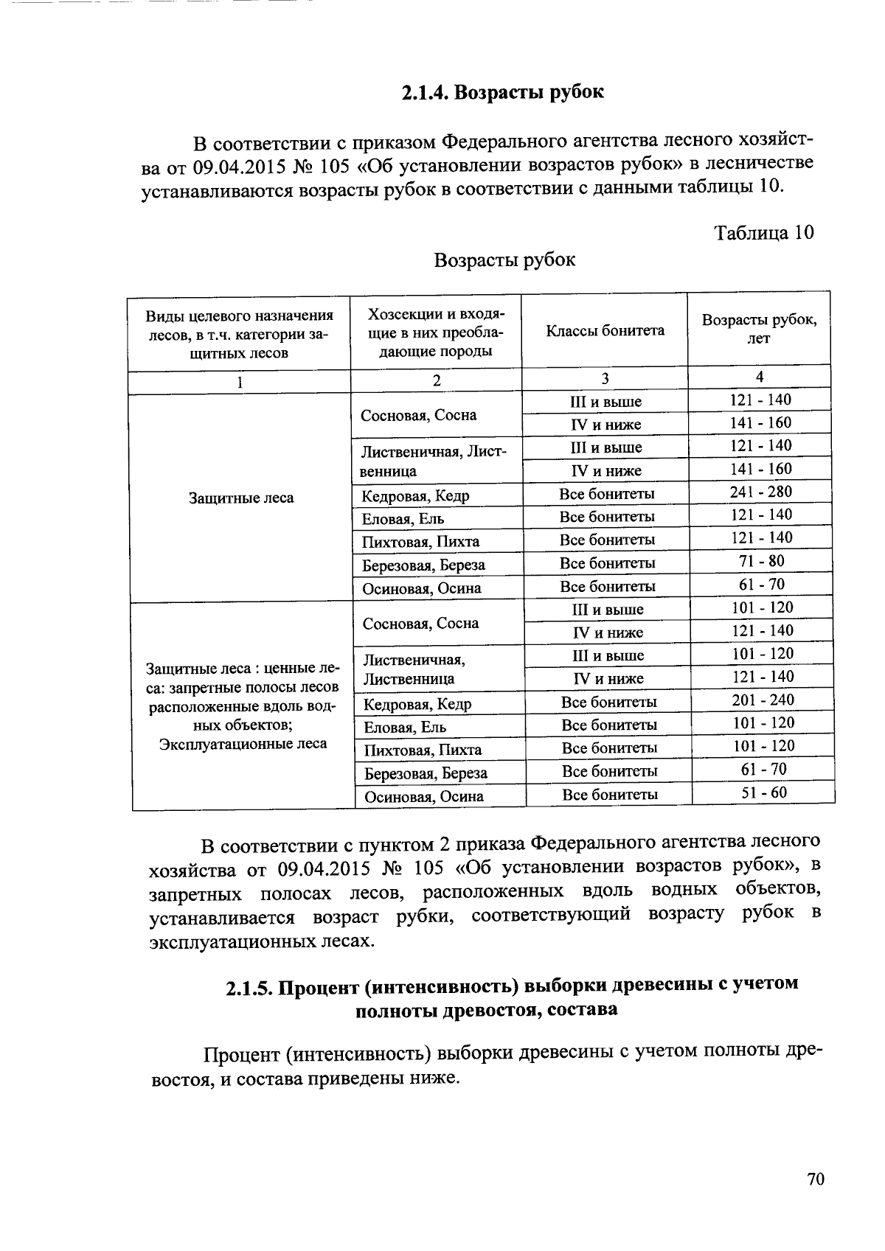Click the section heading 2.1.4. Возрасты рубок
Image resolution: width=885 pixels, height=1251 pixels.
point(502,93)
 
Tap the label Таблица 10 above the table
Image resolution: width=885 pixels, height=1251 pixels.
point(764,233)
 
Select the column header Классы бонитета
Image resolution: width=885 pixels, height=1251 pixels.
point(605,330)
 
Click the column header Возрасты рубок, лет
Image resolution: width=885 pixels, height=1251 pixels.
point(759,329)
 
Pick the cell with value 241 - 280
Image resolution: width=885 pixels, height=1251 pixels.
point(761,492)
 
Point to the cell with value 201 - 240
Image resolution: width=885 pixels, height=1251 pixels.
point(763,700)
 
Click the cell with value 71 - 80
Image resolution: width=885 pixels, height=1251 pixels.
point(761,561)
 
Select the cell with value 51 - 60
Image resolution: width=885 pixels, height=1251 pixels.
point(763,792)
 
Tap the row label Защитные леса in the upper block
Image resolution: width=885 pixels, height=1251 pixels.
point(241,498)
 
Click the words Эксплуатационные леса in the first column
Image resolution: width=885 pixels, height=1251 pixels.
point(243,744)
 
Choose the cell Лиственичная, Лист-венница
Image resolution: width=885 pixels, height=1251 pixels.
point(434,461)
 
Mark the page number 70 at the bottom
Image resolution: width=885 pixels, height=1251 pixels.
point(815,1179)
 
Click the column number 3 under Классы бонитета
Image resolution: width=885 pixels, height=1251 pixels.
point(604,379)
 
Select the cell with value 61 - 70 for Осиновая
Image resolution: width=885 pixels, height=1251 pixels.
point(761,585)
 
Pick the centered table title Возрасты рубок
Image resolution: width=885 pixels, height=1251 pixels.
point(504,260)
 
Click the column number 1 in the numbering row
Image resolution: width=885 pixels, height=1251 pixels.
point(239,382)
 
